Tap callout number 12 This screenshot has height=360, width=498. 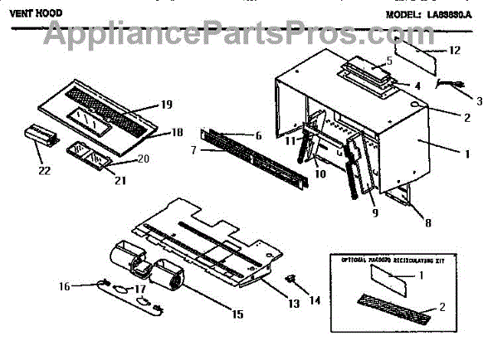tap(455, 51)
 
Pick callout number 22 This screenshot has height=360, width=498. tap(43, 171)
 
